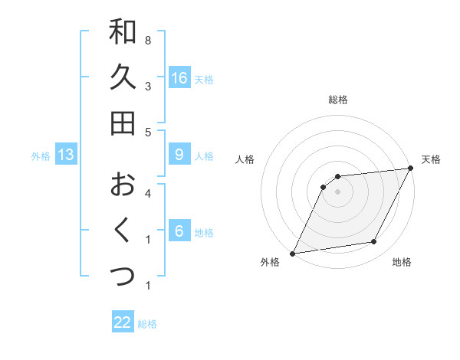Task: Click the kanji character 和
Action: (123, 31)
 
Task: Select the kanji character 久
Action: (123, 77)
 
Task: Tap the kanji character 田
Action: (123, 123)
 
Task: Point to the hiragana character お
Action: (123, 185)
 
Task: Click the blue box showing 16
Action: (179, 78)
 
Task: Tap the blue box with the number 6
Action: (179, 231)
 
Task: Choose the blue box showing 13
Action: (66, 155)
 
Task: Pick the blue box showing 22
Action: (123, 323)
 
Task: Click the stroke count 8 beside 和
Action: (147, 40)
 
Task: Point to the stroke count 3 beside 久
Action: (147, 86)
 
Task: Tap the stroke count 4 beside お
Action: (147, 193)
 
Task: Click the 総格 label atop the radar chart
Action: (337, 100)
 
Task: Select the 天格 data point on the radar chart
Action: (412, 168)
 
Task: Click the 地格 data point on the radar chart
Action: (374, 242)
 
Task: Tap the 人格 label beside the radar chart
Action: (245, 159)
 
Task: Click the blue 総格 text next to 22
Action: (148, 324)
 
